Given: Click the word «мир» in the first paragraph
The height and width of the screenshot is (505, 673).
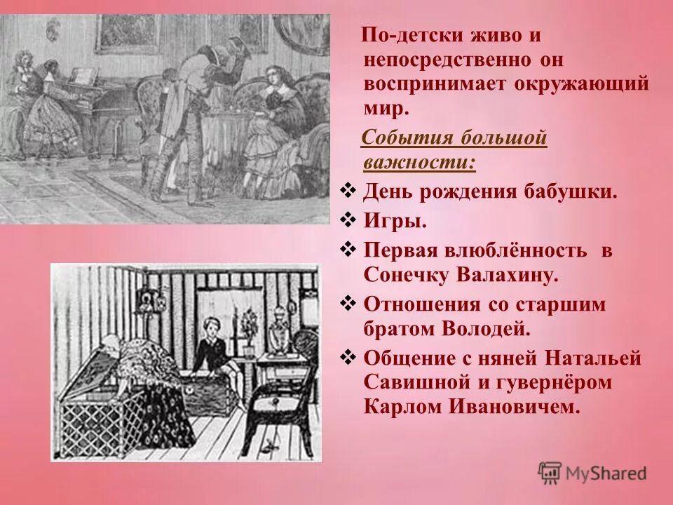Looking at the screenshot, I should tap(384, 108).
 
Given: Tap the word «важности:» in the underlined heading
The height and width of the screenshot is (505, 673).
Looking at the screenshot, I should tap(419, 162).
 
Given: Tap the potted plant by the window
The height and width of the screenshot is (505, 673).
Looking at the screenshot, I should tap(249, 326).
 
